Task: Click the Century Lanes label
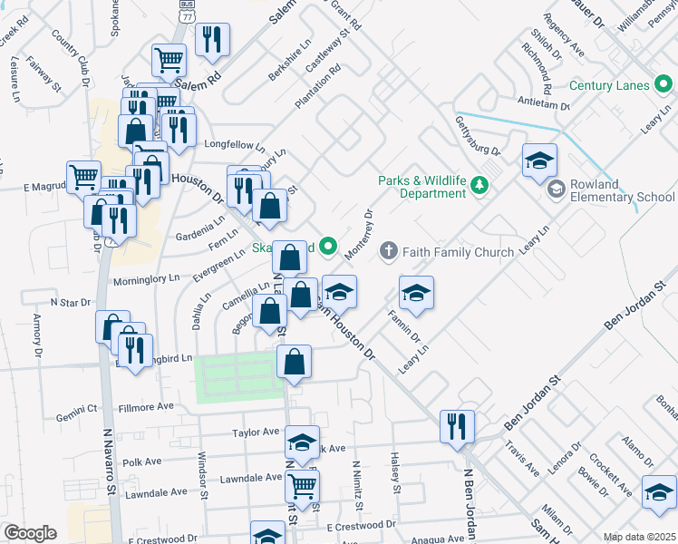[609, 85]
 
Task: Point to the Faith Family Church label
[460, 251]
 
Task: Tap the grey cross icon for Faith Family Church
[389, 250]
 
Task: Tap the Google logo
[31, 533]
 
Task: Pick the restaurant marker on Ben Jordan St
[457, 425]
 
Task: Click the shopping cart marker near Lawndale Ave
[303, 485]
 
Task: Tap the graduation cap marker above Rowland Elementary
[540, 160]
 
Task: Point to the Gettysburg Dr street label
[477, 134]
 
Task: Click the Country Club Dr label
[72, 56]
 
